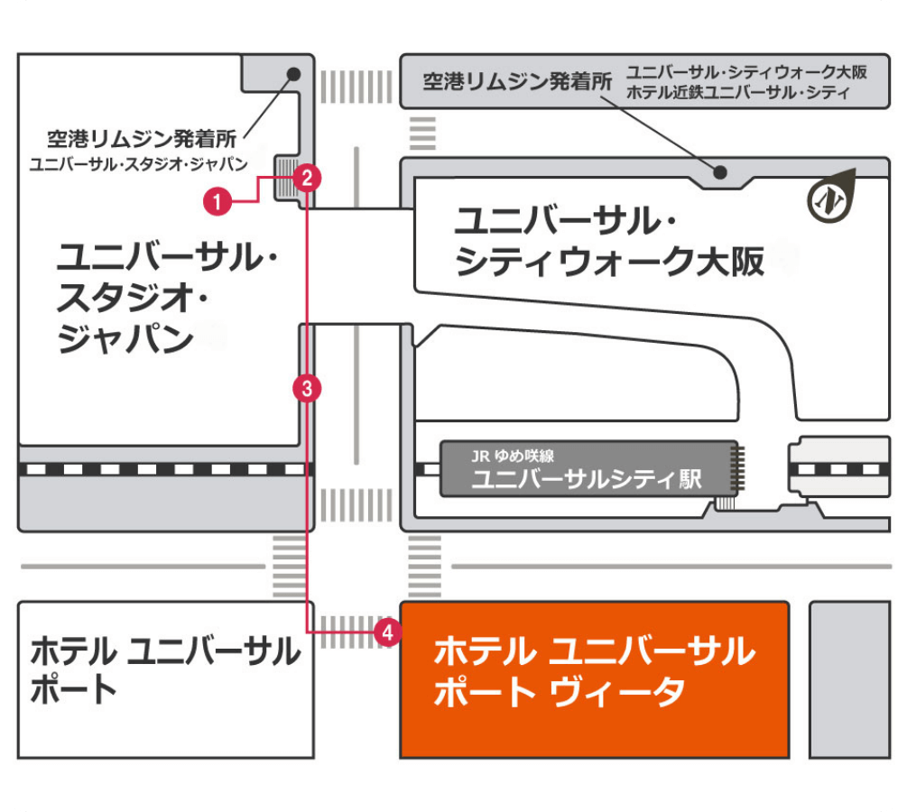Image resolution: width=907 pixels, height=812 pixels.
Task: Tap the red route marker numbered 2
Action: point(308,178)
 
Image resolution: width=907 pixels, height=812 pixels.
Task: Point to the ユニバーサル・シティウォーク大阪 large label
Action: point(609,241)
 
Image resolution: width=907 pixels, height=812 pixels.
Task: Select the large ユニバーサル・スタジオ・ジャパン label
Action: point(167,298)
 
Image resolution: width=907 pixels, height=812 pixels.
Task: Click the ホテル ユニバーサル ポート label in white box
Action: point(165,669)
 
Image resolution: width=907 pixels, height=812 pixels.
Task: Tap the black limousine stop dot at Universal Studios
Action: point(293,75)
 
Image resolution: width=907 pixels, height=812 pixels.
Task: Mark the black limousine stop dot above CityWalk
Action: point(720,172)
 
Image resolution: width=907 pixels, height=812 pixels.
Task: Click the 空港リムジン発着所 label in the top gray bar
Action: point(517,83)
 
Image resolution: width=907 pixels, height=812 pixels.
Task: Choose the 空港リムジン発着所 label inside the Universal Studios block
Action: point(142,140)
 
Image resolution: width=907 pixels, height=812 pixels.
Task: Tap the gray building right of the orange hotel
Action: point(849,679)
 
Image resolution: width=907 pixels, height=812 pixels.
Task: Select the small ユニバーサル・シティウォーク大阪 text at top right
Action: point(746,72)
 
